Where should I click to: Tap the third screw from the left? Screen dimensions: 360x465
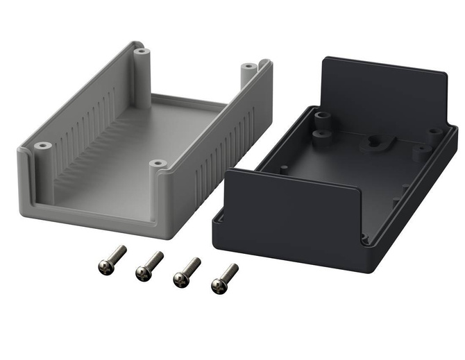pyautogui.click(x=185, y=271)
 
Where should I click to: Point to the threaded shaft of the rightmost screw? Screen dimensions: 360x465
pyautogui.click(x=230, y=271)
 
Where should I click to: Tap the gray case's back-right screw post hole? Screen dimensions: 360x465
pyautogui.click(x=248, y=67)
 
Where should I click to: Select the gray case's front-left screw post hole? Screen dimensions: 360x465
pyautogui.click(x=43, y=146)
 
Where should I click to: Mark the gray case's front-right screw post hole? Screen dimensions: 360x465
pyautogui.click(x=157, y=164)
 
